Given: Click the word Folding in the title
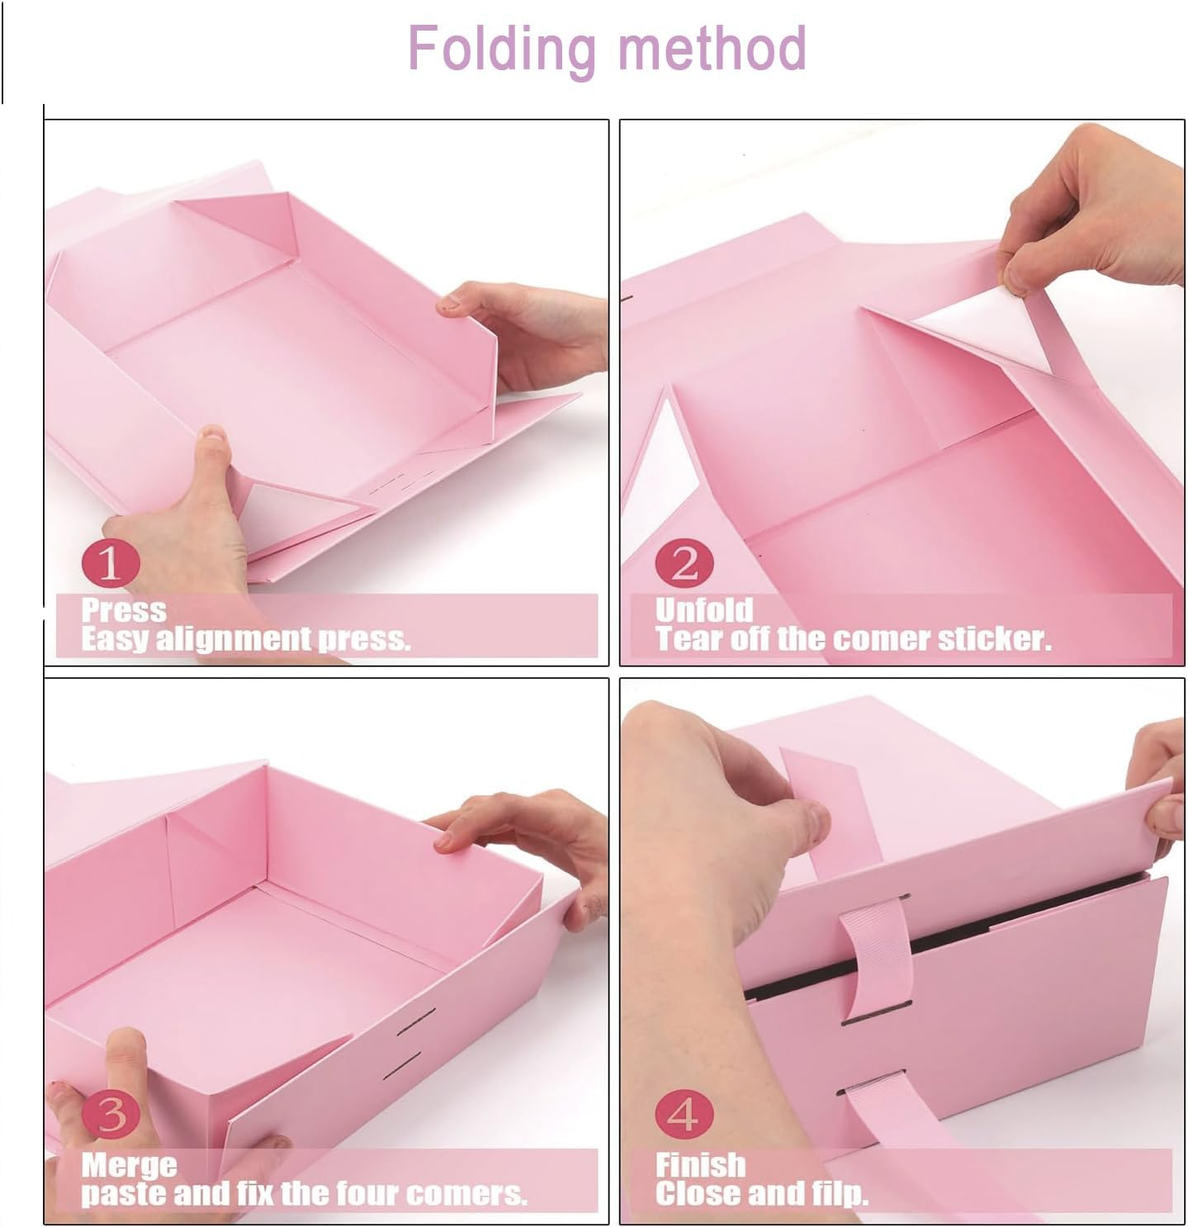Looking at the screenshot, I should coord(501,50).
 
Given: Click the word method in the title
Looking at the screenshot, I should coord(712,48).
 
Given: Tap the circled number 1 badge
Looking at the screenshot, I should coord(111,564).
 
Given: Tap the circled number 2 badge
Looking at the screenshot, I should coord(684,564).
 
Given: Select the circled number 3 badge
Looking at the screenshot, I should coord(111,1115).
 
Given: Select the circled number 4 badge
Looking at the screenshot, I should coord(684,1115).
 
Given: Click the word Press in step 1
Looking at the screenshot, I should coord(124,610).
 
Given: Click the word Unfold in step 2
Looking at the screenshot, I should coord(704,610).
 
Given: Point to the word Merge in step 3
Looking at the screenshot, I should coord(129,1165).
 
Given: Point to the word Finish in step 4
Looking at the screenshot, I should coord(700,1165).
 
